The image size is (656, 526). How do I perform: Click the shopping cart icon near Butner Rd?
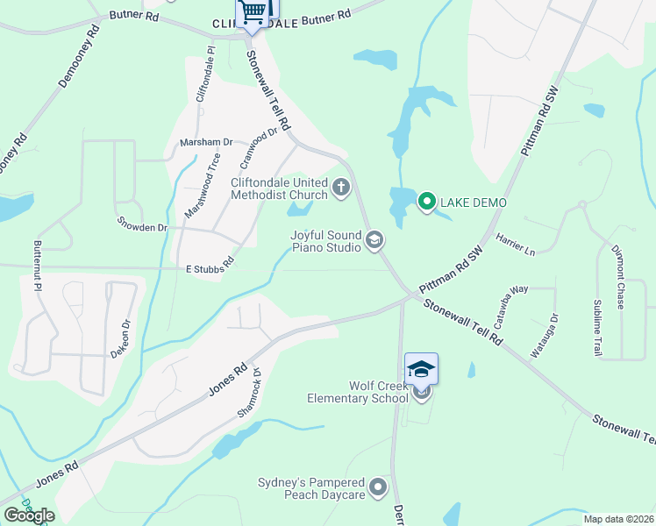[x=253, y=11]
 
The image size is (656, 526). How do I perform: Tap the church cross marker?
[x=341, y=187]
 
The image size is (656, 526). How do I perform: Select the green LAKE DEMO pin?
[x=426, y=203]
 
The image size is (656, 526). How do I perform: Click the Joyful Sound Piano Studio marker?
[x=374, y=239]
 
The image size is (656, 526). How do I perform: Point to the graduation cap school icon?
[x=421, y=368]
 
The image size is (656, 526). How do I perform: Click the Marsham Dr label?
[x=205, y=141]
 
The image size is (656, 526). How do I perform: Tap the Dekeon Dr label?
[x=120, y=338]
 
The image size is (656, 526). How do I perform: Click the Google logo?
[x=29, y=515]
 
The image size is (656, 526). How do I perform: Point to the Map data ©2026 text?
[x=618, y=519]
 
